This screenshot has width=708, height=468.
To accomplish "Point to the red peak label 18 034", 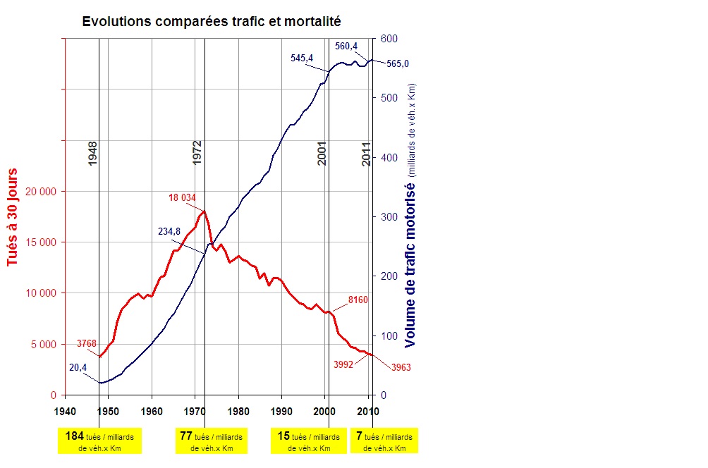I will (x=182, y=198).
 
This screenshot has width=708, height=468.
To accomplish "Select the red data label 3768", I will (x=86, y=344).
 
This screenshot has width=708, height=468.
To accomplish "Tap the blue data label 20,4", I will (x=78, y=367).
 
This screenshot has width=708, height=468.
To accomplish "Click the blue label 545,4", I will (x=302, y=58).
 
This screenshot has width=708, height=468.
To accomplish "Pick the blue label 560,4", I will (x=346, y=47).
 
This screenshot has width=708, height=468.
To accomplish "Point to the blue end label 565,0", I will (x=398, y=63).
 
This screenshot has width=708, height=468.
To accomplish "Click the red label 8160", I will (x=358, y=301).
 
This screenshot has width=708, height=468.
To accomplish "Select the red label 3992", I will (x=343, y=364).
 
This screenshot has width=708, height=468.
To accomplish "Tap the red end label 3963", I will (x=401, y=368).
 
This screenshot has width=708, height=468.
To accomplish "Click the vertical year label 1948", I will (x=93, y=153).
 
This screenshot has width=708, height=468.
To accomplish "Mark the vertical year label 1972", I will (x=197, y=153).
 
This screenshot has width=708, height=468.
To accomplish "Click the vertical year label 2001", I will (x=322, y=153).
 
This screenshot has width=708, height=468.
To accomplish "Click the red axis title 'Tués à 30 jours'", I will (x=13, y=217).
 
